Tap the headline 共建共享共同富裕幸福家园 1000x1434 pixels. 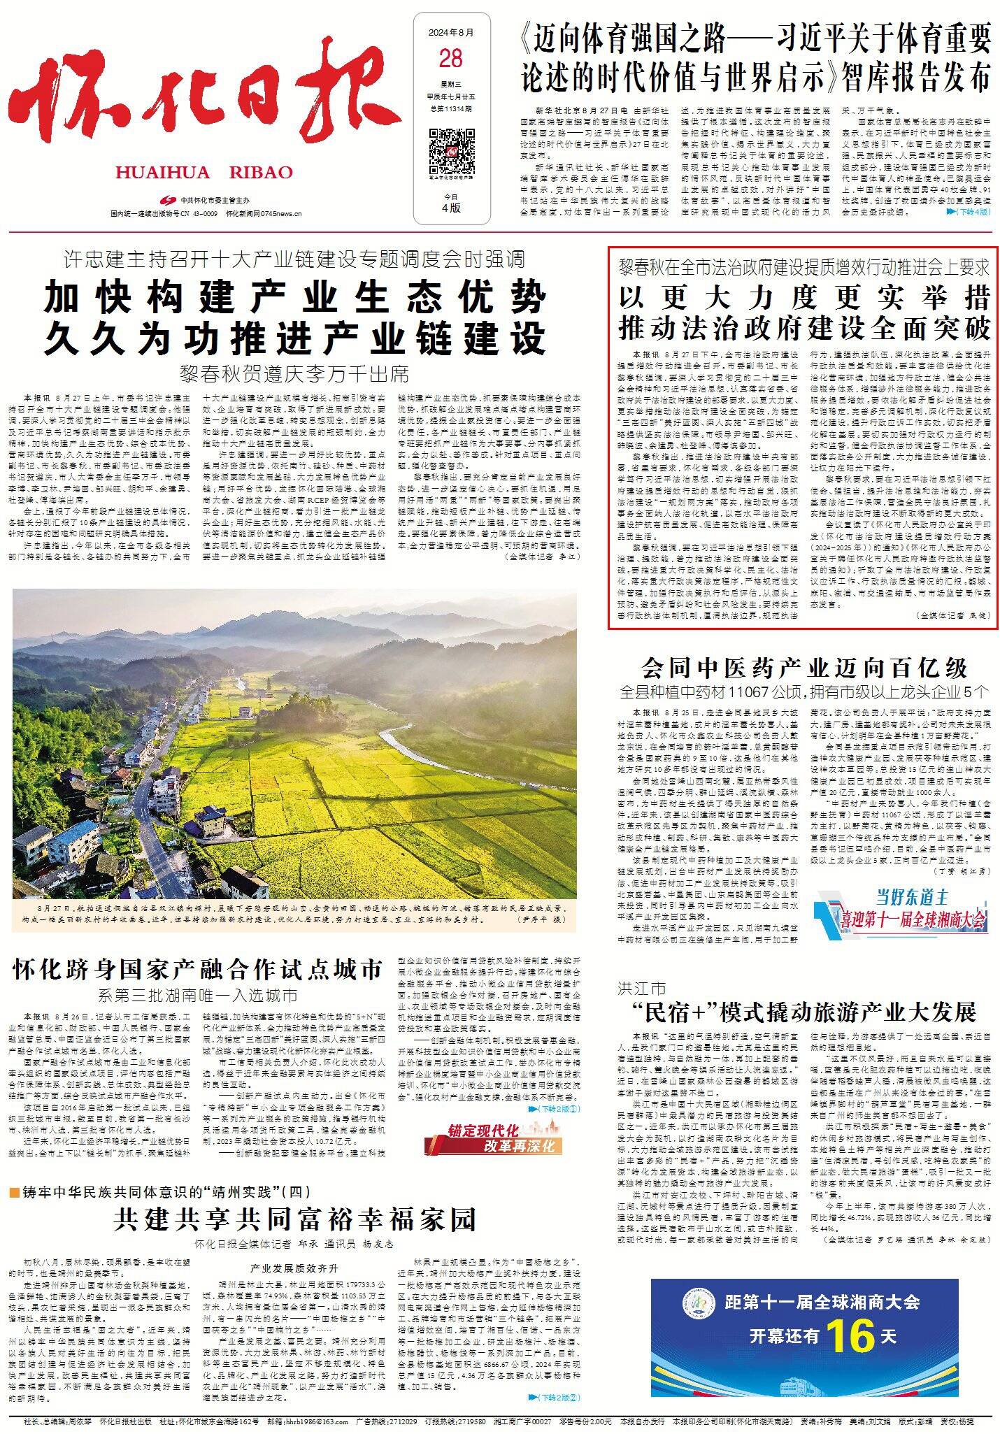294,1219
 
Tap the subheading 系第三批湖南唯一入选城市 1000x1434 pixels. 198,996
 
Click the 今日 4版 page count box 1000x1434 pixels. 451,203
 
